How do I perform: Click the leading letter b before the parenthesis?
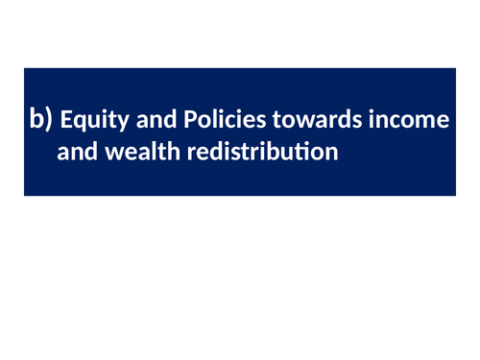tap(36, 120)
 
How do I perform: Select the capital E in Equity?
tap(65, 120)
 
